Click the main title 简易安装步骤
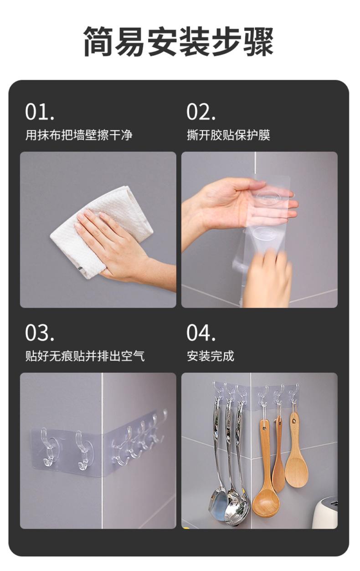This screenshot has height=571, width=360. (179, 41)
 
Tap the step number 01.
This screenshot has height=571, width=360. (40, 112)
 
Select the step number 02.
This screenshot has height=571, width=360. (201, 112)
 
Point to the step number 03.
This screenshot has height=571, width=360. (40, 333)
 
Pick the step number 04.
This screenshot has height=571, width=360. (201, 333)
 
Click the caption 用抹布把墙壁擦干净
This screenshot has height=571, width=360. (79, 135)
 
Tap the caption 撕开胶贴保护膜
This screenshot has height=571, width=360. (228, 135)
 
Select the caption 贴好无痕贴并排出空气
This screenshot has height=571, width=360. (85, 356)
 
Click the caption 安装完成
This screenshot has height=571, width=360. (211, 356)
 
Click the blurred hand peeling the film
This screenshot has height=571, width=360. (268, 278)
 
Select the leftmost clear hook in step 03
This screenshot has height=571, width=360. (48, 447)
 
